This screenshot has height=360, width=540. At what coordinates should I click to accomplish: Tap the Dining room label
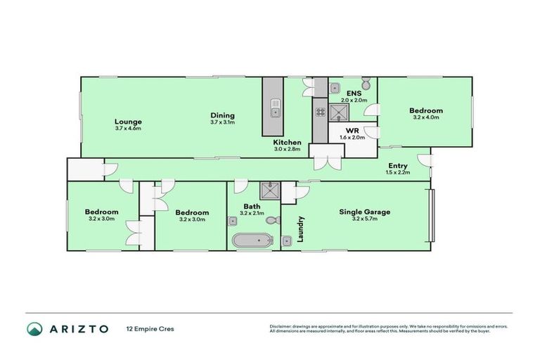point(222,115)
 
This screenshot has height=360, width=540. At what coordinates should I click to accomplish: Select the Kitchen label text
point(287,143)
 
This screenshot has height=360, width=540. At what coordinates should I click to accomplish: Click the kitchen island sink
point(275,111)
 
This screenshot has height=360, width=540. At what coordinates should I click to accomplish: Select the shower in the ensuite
point(340,112)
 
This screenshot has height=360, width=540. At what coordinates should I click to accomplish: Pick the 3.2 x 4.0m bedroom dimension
point(426,117)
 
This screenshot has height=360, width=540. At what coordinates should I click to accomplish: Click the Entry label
point(397,166)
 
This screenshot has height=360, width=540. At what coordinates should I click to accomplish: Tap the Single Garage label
point(364,212)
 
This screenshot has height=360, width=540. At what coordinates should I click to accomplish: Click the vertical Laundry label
point(300,229)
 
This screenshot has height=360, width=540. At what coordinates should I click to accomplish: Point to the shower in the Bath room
point(269,190)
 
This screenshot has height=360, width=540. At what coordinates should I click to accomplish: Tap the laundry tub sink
point(287,242)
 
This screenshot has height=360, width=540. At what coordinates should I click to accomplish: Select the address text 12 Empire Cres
point(150,328)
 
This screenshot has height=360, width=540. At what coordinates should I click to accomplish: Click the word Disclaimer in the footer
point(282,326)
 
